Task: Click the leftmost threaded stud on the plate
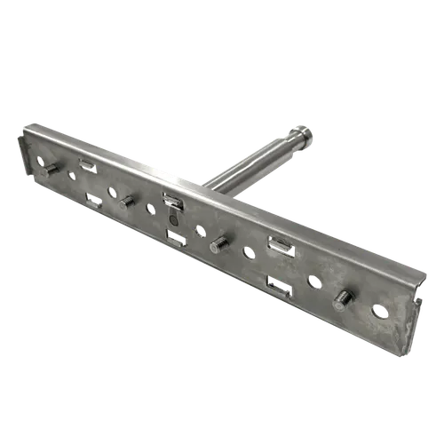click(x=51, y=168)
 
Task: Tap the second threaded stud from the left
click(x=126, y=202)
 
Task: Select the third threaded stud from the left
click(x=218, y=245)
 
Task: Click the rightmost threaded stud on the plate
click(x=340, y=299)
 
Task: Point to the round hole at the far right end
click(x=380, y=312)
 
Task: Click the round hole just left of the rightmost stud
click(x=313, y=281)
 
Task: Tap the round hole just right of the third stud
click(x=249, y=253)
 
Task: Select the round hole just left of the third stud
click(x=199, y=232)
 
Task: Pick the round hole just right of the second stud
click(x=149, y=210)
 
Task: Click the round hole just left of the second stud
click(x=112, y=192)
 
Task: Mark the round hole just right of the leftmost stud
click(x=72, y=175)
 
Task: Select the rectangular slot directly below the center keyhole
click(x=176, y=238)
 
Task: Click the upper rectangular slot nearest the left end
click(x=87, y=164)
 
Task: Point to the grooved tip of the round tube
click(x=304, y=135)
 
